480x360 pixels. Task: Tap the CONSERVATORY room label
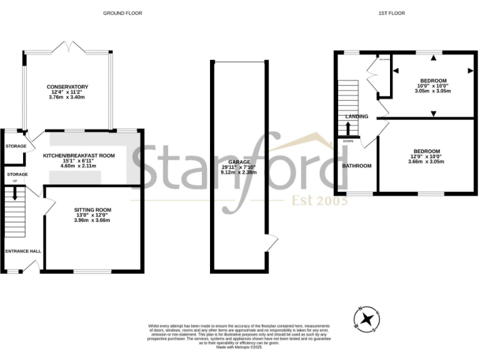[x=67, y=87]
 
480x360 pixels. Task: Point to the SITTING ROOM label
[x=92, y=209]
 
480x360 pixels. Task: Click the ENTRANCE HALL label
[x=23, y=251]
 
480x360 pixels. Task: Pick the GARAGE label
[x=239, y=161]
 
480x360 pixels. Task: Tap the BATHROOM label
[x=357, y=166]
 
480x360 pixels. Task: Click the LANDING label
[x=356, y=116]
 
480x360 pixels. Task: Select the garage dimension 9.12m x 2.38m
[x=239, y=172]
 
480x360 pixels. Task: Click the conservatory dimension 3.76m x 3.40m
[x=67, y=97]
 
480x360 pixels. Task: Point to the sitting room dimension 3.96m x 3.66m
[x=92, y=220]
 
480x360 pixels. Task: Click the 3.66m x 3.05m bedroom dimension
[x=426, y=161]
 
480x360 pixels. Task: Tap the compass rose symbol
[x=369, y=319]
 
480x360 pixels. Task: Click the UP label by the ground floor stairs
[x=14, y=182]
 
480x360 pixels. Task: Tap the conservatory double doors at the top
[x=67, y=47]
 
